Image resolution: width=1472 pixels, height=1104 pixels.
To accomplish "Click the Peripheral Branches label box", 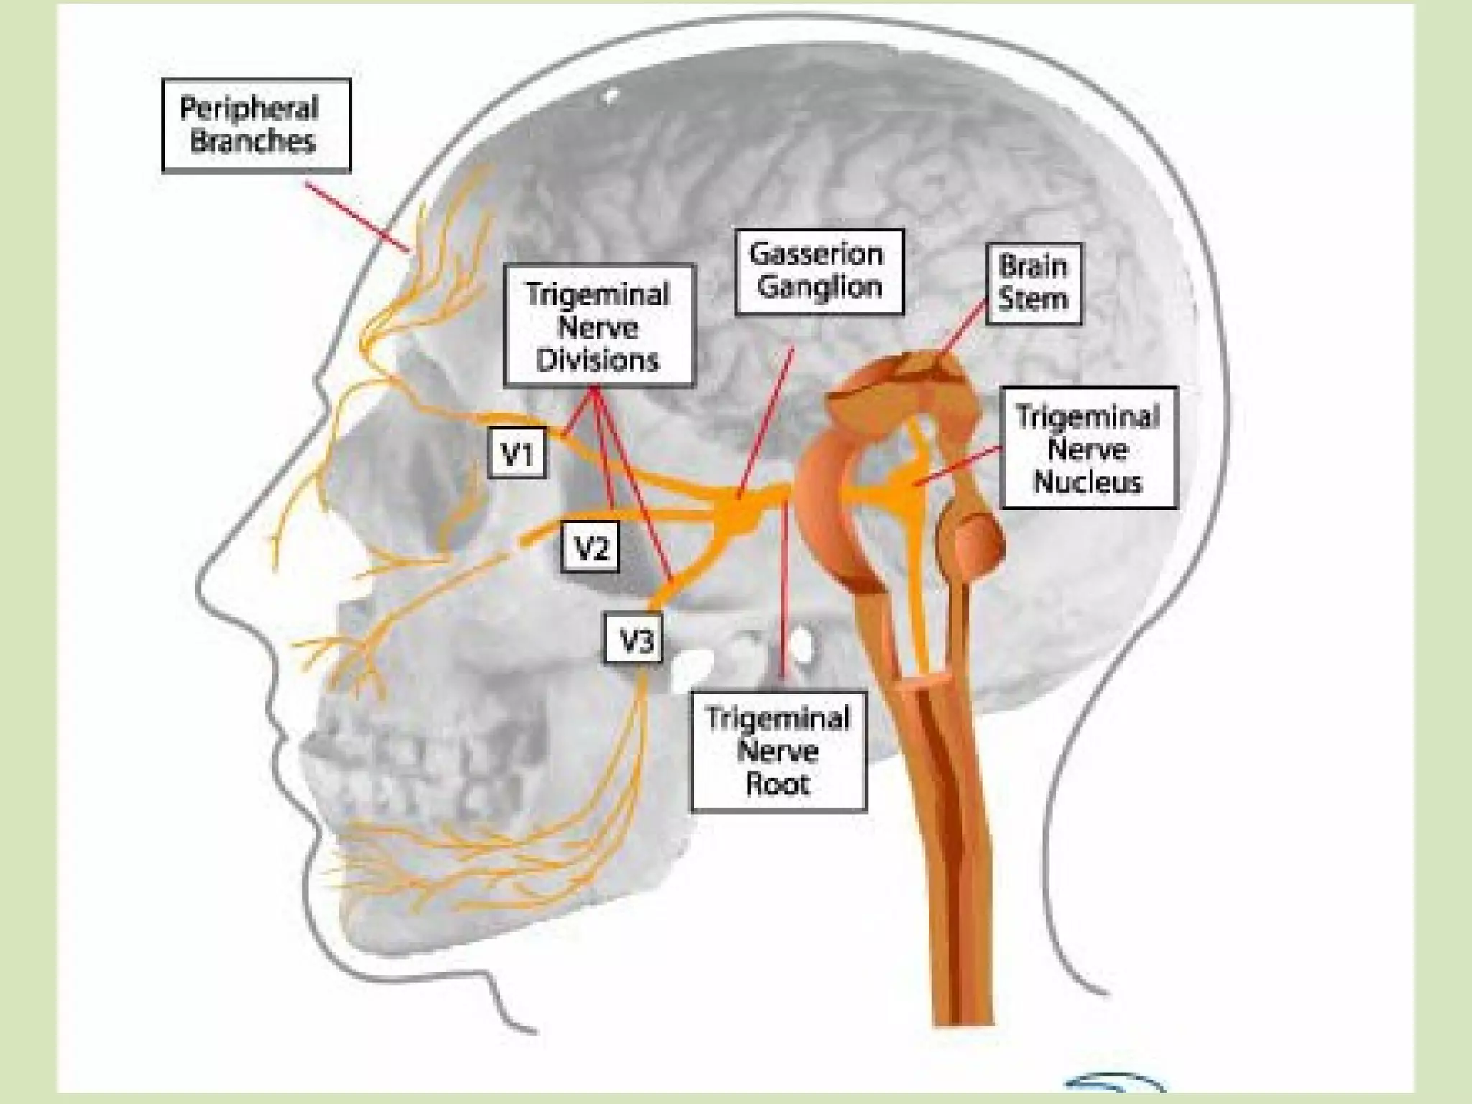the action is pyautogui.click(x=256, y=125).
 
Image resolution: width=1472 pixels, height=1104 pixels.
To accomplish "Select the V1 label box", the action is pyautogui.click(x=517, y=453).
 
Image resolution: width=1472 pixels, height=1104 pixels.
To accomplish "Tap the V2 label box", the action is pyautogui.click(x=589, y=548).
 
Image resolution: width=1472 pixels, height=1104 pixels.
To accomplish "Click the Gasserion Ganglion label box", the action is pyautogui.click(x=819, y=272).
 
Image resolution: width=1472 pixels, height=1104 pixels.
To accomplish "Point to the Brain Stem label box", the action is pyautogui.click(x=1034, y=283).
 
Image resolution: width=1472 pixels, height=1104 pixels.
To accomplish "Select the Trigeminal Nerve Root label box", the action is pyautogui.click(x=778, y=751).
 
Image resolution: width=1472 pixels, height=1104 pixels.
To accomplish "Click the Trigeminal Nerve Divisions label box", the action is pyautogui.click(x=599, y=326).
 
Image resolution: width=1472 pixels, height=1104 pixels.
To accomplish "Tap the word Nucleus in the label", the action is pyautogui.click(x=1088, y=482).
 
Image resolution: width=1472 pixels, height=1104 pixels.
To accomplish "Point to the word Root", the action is pyautogui.click(x=778, y=784).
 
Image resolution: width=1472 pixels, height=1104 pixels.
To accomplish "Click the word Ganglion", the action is pyautogui.click(x=819, y=287).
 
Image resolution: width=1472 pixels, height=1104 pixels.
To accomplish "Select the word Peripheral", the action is pyautogui.click(x=249, y=109).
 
